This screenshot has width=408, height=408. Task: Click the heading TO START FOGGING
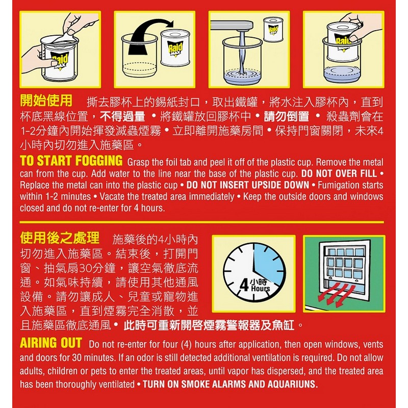coord(71,160)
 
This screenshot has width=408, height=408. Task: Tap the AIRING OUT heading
coord(51,343)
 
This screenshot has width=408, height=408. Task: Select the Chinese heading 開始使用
coord(46,100)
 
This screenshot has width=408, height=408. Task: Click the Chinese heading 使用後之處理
coord(60,238)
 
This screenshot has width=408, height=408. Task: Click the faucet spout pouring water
coord(232,26)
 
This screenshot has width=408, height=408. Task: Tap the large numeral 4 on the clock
coord(244,285)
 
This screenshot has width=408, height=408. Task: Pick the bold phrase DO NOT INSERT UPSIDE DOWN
coord(248,185)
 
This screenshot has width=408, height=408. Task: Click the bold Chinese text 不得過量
coord(122,116)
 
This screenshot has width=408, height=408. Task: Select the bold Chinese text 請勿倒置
coord(286,116)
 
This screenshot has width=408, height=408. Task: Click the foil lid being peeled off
coord(65,37)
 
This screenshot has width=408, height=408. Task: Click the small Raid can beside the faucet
coord(273,29)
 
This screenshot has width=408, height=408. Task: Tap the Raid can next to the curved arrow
coord(175,48)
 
